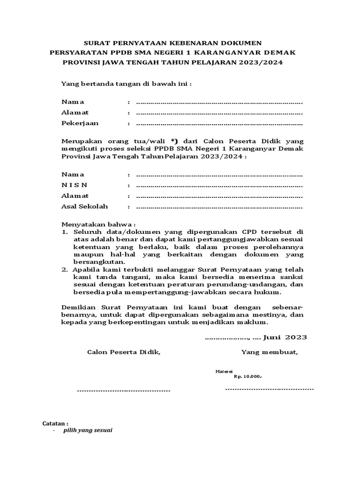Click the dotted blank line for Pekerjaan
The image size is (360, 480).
pyautogui.click(x=219, y=124)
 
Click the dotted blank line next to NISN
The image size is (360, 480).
pyautogui.click(x=219, y=186)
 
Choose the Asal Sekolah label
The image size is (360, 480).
pyautogui.click(x=85, y=206)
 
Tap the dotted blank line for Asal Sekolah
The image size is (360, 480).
pyautogui.click(x=219, y=207)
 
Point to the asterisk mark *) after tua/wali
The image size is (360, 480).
pyautogui.click(x=175, y=141)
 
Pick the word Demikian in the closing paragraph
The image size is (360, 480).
pyautogui.click(x=77, y=307)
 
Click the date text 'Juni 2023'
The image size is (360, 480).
pyautogui.click(x=285, y=337)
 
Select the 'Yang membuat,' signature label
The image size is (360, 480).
pyautogui.click(x=269, y=352)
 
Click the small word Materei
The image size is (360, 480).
pyautogui.click(x=220, y=371)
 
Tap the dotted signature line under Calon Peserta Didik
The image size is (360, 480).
pyautogui.click(x=123, y=390)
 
